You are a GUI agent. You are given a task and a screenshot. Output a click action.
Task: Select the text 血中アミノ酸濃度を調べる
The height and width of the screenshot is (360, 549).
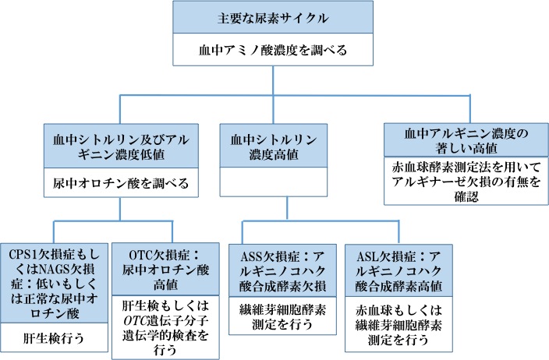271,51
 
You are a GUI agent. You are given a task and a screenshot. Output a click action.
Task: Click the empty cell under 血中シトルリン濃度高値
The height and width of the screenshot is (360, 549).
272,185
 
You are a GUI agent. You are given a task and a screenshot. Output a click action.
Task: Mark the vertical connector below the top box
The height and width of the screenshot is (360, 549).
272,82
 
